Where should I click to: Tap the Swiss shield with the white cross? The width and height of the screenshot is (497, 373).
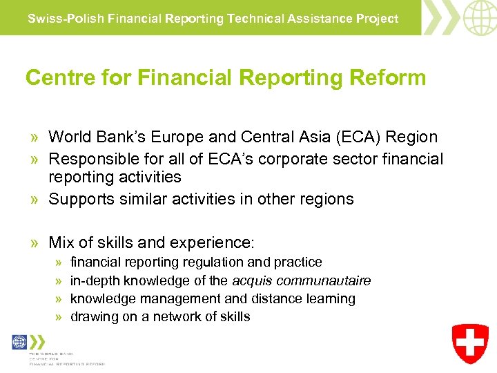(471, 343)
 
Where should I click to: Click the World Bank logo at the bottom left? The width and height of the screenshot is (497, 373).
(20, 342)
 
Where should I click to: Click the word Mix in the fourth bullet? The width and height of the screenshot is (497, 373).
(61, 242)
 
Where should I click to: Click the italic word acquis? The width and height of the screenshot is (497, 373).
(253, 280)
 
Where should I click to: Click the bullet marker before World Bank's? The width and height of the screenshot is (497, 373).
(35, 137)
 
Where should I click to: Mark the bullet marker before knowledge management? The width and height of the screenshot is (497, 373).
(59, 299)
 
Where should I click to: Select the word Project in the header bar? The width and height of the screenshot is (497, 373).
(378, 19)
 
